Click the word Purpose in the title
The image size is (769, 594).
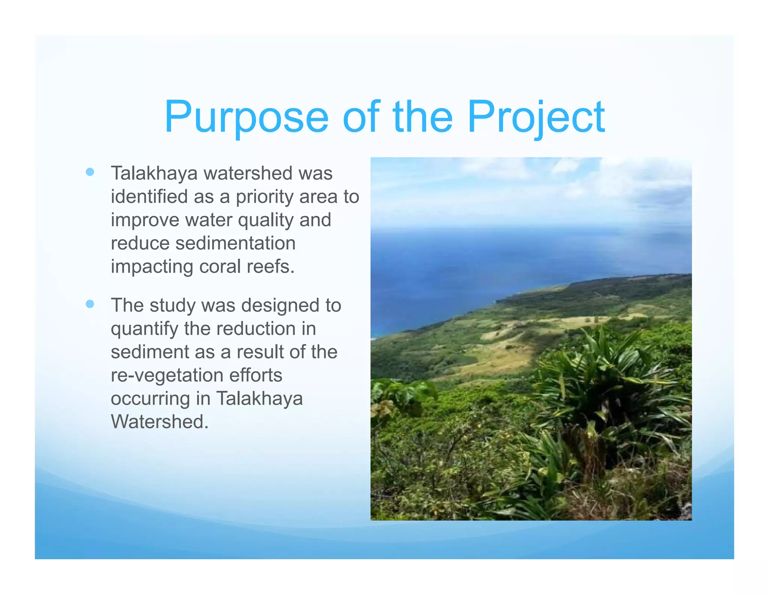246,117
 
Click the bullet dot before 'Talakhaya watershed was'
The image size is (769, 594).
90,172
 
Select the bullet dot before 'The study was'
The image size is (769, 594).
90,304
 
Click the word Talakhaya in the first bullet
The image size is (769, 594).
154,173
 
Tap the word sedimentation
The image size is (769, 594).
235,243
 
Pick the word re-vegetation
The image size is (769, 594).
167,375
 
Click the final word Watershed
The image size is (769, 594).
159,422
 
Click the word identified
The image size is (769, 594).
149,197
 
